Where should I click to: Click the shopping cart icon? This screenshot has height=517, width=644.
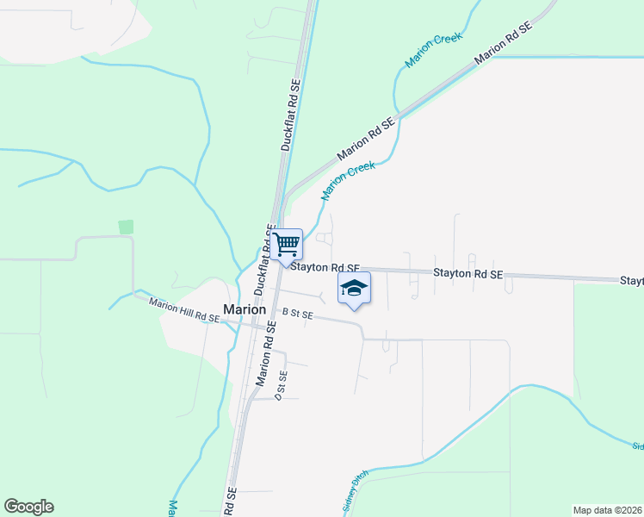pyautogui.click(x=287, y=244)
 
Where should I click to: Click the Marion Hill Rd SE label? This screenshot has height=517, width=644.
pyautogui.click(x=183, y=310)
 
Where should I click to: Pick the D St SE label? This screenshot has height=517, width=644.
pyautogui.click(x=280, y=385)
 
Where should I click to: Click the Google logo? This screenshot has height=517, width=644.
pyautogui.click(x=28, y=507)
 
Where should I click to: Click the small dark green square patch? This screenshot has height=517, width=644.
pyautogui.click(x=127, y=227)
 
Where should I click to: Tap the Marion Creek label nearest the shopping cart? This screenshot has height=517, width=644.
pyautogui.click(x=349, y=181)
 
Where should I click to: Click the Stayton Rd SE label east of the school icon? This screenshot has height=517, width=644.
pyautogui.click(x=468, y=274)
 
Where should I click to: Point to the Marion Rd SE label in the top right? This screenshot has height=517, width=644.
pyautogui.click(x=504, y=40)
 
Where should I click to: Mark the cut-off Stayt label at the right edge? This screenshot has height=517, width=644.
pyautogui.click(x=632, y=282)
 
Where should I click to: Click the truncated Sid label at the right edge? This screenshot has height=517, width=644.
pyautogui.click(x=637, y=446)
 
